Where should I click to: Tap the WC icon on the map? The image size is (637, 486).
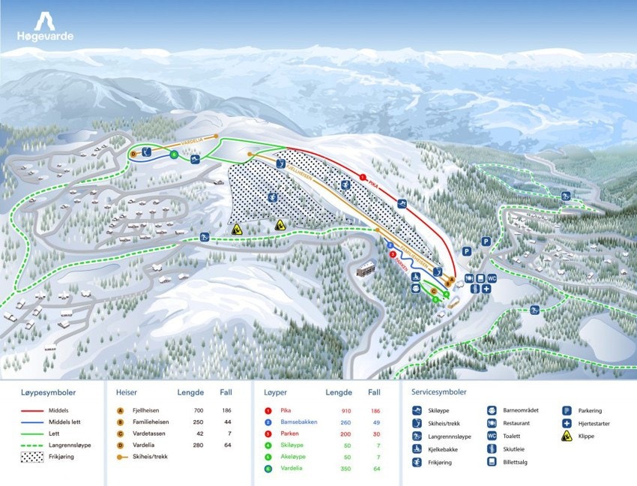[x=492, y=278]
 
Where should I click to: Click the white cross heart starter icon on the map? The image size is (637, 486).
[x=486, y=289]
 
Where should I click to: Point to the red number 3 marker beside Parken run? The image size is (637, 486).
[x=393, y=254]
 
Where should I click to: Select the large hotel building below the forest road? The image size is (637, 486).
[x=367, y=268]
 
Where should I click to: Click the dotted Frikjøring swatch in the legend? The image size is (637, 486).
[x=34, y=456]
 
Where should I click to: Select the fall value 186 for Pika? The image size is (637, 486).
[x=375, y=411]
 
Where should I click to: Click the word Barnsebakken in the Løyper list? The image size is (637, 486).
[x=299, y=422]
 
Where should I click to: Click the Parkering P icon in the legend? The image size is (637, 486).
[x=568, y=411]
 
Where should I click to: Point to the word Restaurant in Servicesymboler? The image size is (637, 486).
[x=517, y=423]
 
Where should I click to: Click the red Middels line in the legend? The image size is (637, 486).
[x=34, y=411]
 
